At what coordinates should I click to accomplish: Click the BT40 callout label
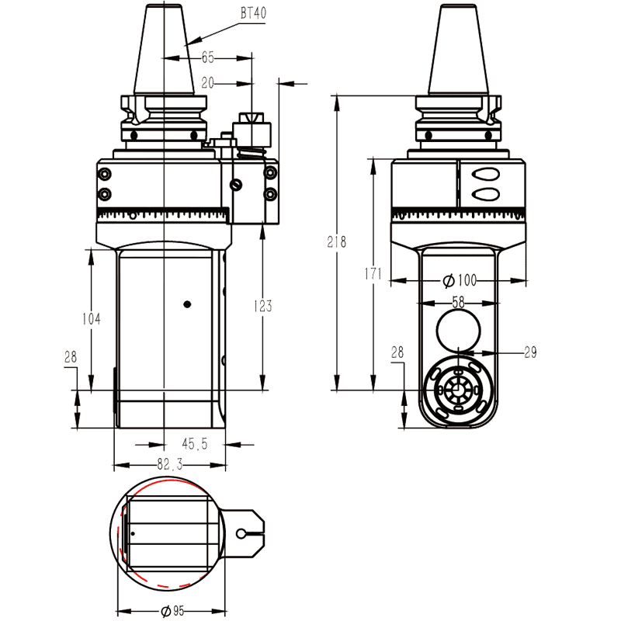(x=252, y=14)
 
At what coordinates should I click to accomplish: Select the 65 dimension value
(x=207, y=57)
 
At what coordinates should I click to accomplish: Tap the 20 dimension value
(x=207, y=82)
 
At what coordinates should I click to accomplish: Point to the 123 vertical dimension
(x=262, y=306)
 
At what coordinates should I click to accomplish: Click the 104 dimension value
(x=92, y=318)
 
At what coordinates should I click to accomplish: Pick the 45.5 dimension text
(x=193, y=445)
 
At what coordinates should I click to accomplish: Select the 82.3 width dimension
(x=168, y=465)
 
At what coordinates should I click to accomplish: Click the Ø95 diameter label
(x=172, y=611)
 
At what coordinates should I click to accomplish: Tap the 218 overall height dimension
(x=337, y=241)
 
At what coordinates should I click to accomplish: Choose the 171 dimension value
(x=373, y=274)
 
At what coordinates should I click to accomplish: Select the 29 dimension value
(x=530, y=352)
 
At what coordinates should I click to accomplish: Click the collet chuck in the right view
(x=457, y=389)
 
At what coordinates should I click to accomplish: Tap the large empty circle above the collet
(x=458, y=330)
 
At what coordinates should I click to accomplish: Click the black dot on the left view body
(x=186, y=304)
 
